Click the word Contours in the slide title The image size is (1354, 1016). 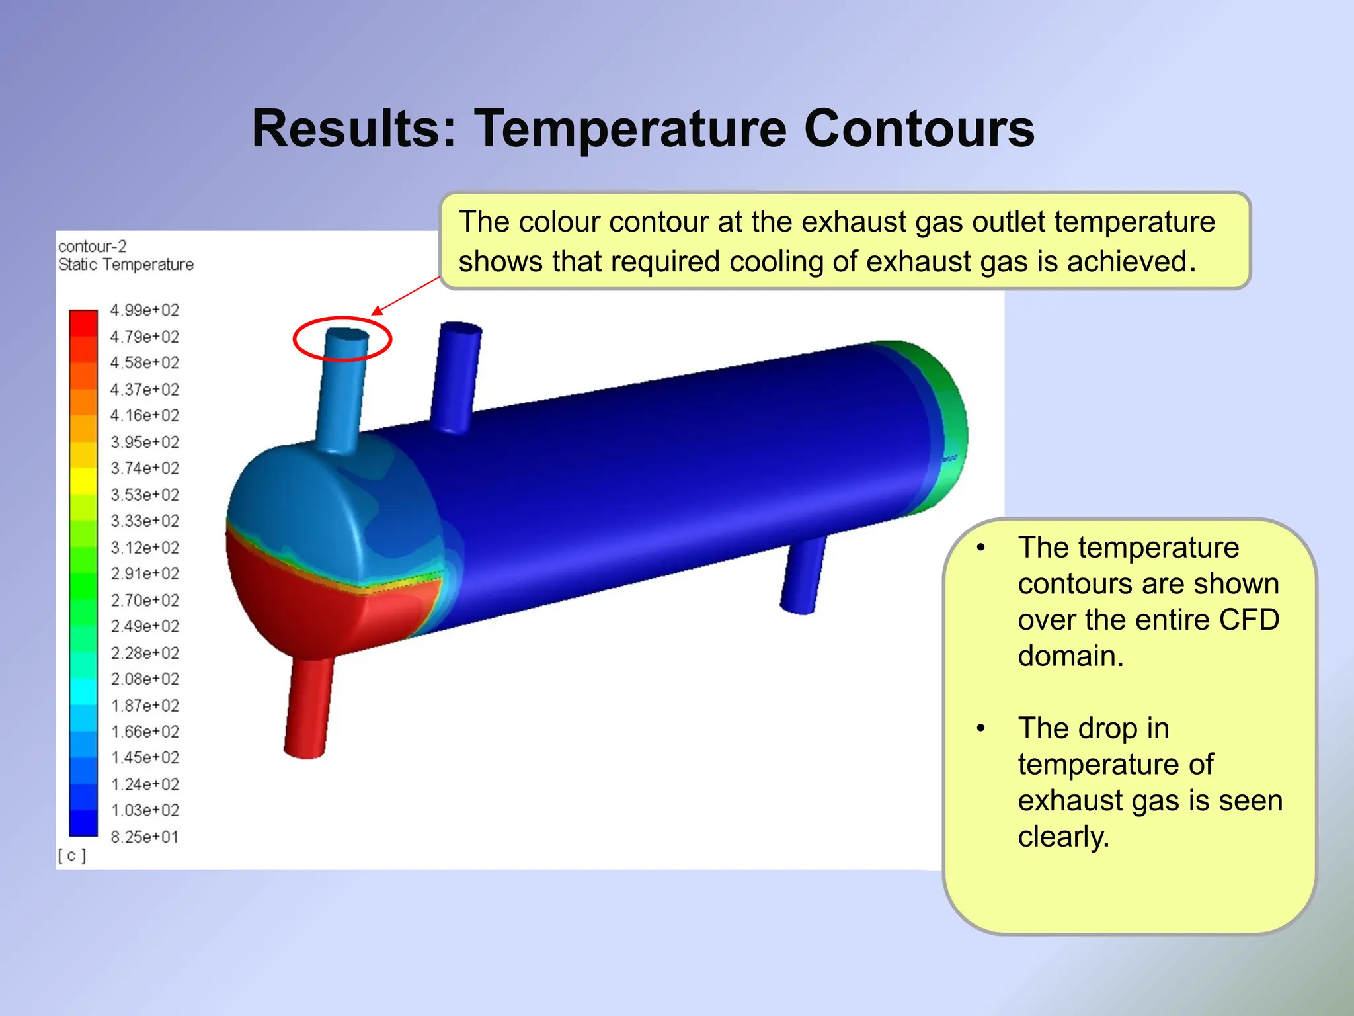click(x=918, y=129)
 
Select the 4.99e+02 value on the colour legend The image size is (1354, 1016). click(x=144, y=310)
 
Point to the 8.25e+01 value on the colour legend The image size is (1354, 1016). click(x=144, y=837)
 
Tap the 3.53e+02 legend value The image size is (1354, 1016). click(x=144, y=495)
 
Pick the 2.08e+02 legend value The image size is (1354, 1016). click(x=144, y=679)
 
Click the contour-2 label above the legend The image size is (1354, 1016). click(x=92, y=247)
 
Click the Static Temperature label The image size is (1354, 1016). click(x=126, y=265)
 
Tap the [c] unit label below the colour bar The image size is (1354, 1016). click(x=71, y=856)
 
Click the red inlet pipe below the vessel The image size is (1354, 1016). click(x=308, y=708)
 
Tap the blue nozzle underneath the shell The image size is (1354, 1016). click(x=803, y=575)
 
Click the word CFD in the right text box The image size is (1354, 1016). click(x=1249, y=620)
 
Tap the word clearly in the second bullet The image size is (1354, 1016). click(x=1062, y=837)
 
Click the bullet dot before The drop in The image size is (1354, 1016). click(x=981, y=728)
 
